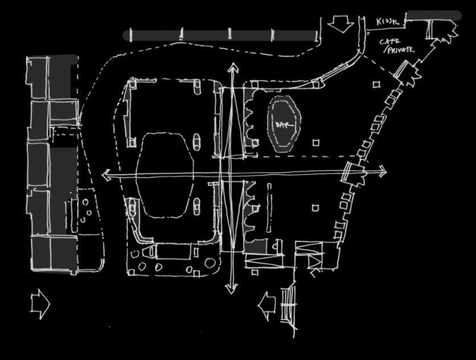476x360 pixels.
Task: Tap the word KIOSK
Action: [x=387, y=22]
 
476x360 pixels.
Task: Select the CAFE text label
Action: [x=390, y=41]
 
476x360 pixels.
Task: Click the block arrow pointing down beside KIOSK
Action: [x=340, y=24]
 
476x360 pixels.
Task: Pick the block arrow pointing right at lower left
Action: [x=40, y=304]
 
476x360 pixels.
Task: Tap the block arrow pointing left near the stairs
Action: [x=267, y=306]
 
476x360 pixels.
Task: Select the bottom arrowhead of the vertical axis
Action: [x=231, y=289]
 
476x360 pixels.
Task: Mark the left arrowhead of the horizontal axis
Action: [x=106, y=175]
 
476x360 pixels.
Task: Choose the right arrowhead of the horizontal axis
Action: [x=382, y=171]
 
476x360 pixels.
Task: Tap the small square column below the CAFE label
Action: [x=376, y=84]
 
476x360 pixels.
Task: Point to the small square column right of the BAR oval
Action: [x=316, y=142]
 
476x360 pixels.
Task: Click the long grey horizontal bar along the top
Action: [x=221, y=35]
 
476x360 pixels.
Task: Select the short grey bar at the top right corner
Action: [x=433, y=15]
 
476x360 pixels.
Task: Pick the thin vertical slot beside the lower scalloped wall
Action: [x=269, y=208]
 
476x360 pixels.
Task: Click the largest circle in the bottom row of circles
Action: [x=210, y=263]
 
